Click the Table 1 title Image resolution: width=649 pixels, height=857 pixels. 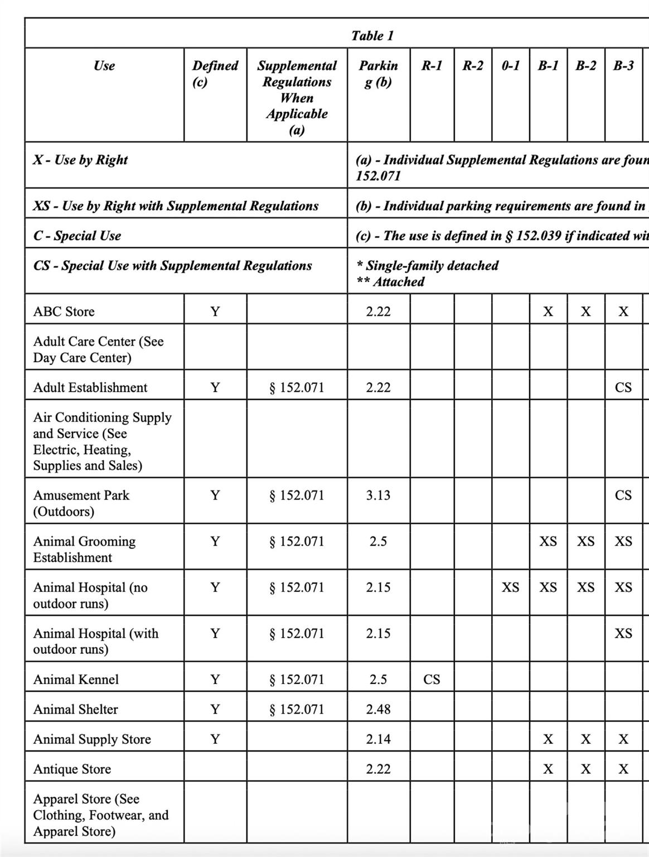click(x=372, y=36)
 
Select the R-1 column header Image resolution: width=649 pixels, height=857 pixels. click(x=432, y=66)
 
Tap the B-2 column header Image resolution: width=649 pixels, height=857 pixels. click(x=585, y=66)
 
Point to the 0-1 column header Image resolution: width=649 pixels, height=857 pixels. click(x=510, y=66)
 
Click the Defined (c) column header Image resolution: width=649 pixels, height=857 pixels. click(x=215, y=74)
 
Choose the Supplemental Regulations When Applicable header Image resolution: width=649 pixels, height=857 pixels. click(x=297, y=98)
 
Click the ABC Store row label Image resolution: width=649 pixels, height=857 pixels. click(x=64, y=311)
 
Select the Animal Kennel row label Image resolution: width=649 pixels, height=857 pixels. click(x=76, y=679)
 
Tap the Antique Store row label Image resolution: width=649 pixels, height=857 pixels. click(x=72, y=769)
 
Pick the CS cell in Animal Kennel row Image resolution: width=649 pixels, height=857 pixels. click(x=432, y=679)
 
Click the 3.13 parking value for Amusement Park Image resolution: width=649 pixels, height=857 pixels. click(x=378, y=495)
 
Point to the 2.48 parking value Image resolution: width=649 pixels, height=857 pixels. click(x=378, y=709)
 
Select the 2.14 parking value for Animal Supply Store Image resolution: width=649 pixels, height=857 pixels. click(x=378, y=739)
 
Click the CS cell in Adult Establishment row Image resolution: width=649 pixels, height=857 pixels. click(x=623, y=387)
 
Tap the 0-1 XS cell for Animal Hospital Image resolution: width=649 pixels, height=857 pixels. click(x=510, y=587)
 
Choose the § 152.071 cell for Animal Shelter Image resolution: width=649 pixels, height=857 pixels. click(x=297, y=709)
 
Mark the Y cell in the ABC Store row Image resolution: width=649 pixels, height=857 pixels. click(x=215, y=311)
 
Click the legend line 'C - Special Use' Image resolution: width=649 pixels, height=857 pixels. click(x=77, y=235)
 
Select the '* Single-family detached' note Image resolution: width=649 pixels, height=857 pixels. click(x=428, y=266)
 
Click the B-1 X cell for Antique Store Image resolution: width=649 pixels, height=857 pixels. click(x=548, y=769)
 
